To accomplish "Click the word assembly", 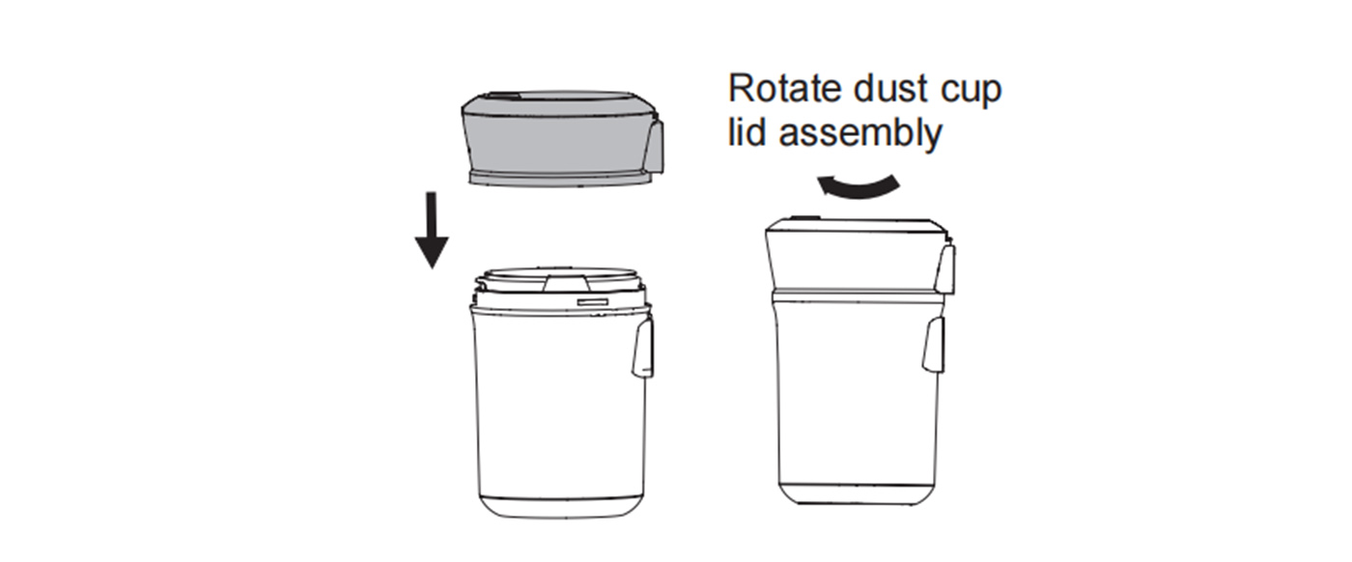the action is tap(860, 134).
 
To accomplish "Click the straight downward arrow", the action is tap(432, 230).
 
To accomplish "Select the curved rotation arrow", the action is tap(858, 186).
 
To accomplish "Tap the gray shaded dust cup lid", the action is tap(562, 139).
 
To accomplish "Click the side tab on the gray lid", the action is tap(655, 146).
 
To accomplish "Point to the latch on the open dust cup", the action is tap(643, 350).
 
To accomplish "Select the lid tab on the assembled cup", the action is tap(945, 267).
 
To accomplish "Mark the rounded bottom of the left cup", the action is tap(561, 506).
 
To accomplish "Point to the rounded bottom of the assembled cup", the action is tap(858, 493).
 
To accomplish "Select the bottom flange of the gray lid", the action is tap(561, 177).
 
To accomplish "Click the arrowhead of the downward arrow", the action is tap(432, 252).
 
